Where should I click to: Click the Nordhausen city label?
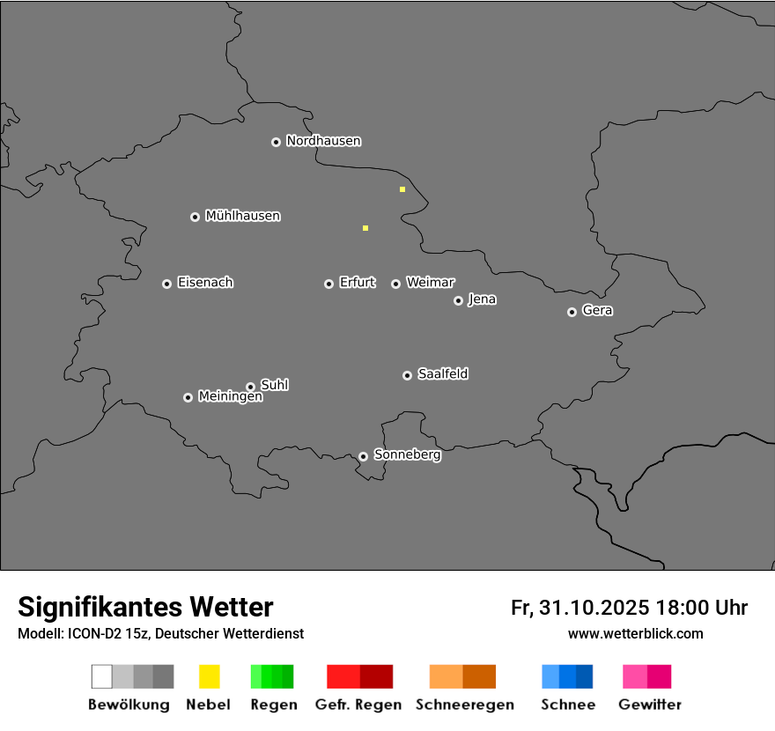323,141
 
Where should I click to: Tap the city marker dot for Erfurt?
328,284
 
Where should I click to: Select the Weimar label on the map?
430,283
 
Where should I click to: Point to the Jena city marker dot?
458,300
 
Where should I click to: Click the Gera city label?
597,311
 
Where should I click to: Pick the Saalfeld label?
442,374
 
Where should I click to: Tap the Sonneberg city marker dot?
363,456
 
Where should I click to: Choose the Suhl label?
274,385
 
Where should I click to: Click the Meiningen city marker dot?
188,397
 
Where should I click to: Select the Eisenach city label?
205,283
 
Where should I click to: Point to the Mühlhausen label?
242,216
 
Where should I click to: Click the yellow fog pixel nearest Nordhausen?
402,189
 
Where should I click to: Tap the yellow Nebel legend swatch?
209,676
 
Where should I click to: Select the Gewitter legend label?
649,705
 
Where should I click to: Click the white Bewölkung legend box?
102,676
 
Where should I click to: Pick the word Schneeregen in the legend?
464,705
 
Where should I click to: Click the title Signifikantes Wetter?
145,607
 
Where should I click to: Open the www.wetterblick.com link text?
635,633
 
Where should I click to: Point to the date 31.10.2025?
593,608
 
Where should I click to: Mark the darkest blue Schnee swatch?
585,676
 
